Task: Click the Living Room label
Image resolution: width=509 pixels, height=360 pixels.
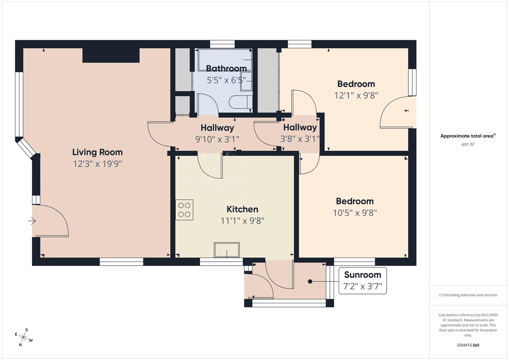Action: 97,152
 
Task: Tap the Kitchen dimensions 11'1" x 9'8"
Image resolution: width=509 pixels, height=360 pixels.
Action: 242,221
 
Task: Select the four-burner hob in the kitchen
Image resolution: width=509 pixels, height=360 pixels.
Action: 184,210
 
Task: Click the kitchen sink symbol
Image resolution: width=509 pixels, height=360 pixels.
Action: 227,250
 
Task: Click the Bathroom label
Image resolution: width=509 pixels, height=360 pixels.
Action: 226,69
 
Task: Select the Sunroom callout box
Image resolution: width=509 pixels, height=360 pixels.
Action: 362,281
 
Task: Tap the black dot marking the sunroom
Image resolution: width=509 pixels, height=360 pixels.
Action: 310,281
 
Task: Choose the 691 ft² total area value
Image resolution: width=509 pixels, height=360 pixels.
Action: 468,145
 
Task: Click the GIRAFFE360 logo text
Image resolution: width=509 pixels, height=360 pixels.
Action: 468,345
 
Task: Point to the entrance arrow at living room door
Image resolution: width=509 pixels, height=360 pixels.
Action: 32,221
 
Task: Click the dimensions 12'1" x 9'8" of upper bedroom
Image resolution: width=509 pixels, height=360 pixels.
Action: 356,96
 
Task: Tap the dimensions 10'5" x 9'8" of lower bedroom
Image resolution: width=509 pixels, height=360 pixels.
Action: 355,213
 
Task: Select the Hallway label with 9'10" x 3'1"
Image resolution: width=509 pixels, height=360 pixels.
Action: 217,128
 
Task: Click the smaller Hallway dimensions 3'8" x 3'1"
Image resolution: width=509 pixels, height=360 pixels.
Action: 300,139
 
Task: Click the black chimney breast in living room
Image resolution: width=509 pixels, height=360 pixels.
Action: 111,55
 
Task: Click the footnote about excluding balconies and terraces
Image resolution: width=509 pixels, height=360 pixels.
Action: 468,295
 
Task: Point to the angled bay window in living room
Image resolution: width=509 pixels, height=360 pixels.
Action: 26,148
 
